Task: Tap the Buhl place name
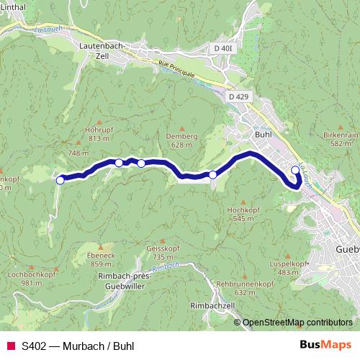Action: point(263,134)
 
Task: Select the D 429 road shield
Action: point(238,96)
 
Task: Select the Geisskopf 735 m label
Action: point(161,252)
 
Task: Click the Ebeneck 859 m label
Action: point(101,259)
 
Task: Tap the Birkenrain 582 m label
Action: point(341,139)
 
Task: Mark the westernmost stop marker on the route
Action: point(60,180)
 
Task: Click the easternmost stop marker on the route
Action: point(294,171)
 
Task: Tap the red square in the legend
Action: point(10,345)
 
